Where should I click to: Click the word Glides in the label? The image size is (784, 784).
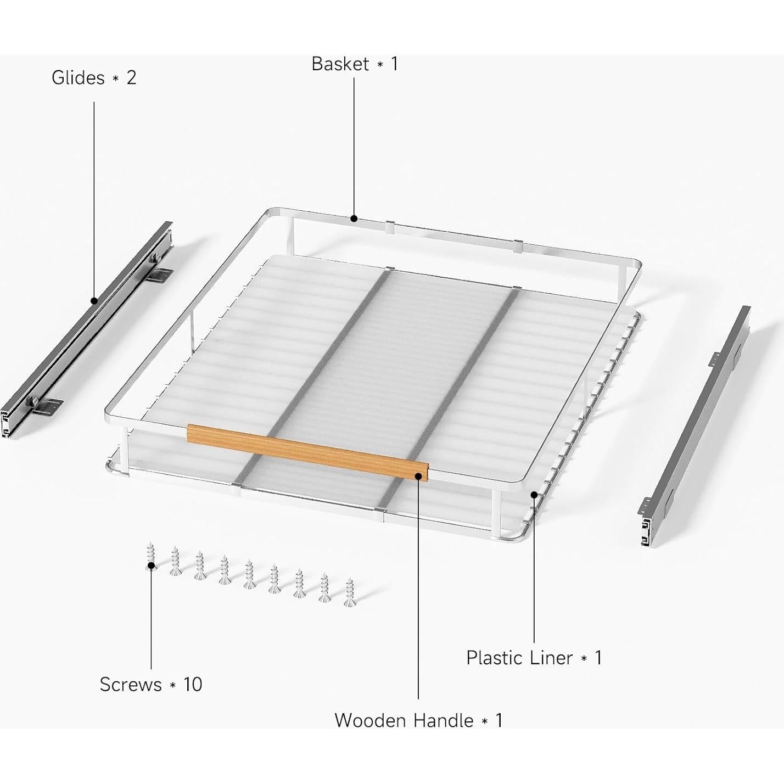[x=77, y=77]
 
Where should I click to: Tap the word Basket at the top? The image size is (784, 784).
[x=340, y=64]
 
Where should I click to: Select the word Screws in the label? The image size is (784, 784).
[x=131, y=685]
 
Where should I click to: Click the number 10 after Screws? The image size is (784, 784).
[x=193, y=685]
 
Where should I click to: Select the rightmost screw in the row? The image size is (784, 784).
[x=349, y=592]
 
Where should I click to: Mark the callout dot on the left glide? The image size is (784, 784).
[x=94, y=301]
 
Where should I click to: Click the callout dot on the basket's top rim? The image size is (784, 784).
[x=354, y=219]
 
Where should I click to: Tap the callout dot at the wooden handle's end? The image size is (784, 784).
[x=418, y=476]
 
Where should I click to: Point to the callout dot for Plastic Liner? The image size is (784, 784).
[x=534, y=495]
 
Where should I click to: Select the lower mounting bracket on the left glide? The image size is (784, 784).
[x=47, y=406]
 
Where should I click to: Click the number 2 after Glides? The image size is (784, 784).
[x=131, y=77]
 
